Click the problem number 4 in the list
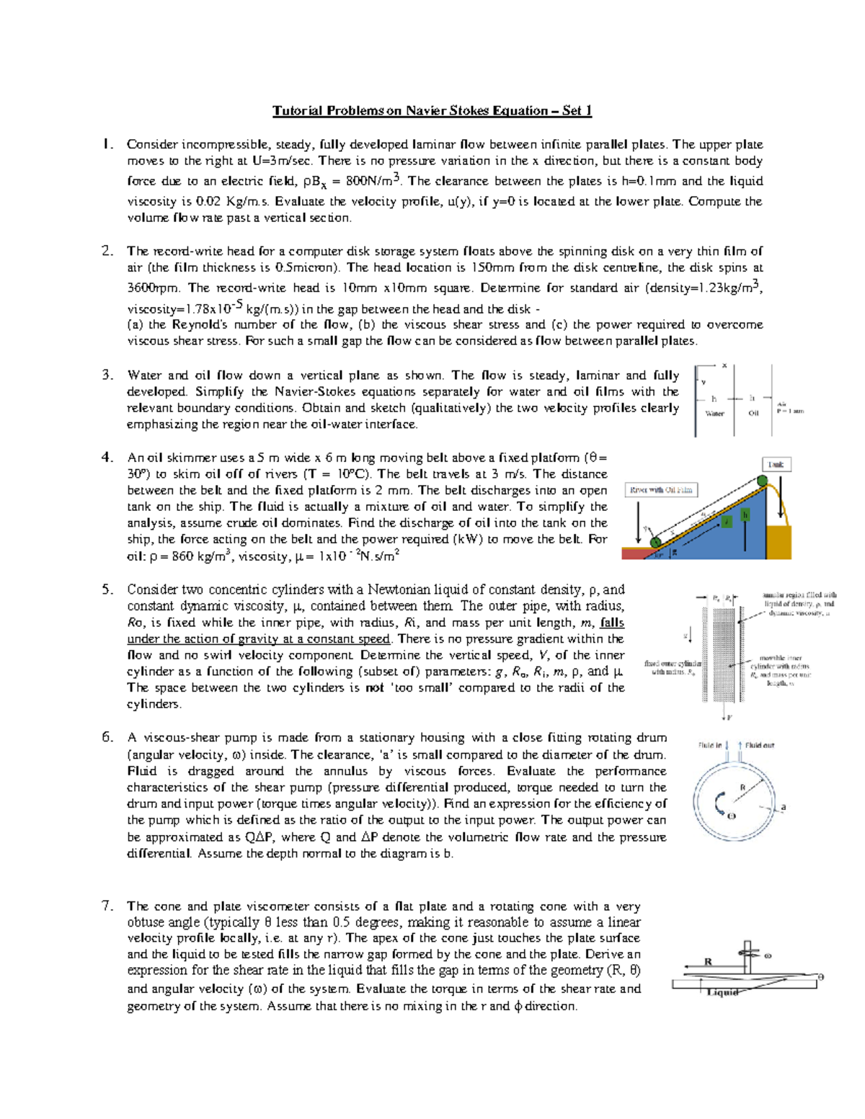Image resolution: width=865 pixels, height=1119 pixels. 107,457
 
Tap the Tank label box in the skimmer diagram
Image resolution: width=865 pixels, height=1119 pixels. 776,465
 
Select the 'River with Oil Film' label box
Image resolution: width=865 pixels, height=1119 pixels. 661,490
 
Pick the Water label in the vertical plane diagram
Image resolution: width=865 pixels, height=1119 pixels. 714,414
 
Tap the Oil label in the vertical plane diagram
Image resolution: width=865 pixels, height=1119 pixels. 753,414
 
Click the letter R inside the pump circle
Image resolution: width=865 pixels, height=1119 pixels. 742,788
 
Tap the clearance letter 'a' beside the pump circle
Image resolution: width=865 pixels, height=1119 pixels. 784,807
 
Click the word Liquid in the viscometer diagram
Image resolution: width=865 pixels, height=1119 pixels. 722,993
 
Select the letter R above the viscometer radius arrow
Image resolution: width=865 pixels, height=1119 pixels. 708,961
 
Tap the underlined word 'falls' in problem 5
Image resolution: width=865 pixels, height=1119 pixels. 612,623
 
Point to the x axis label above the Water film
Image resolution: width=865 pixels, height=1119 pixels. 724,365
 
